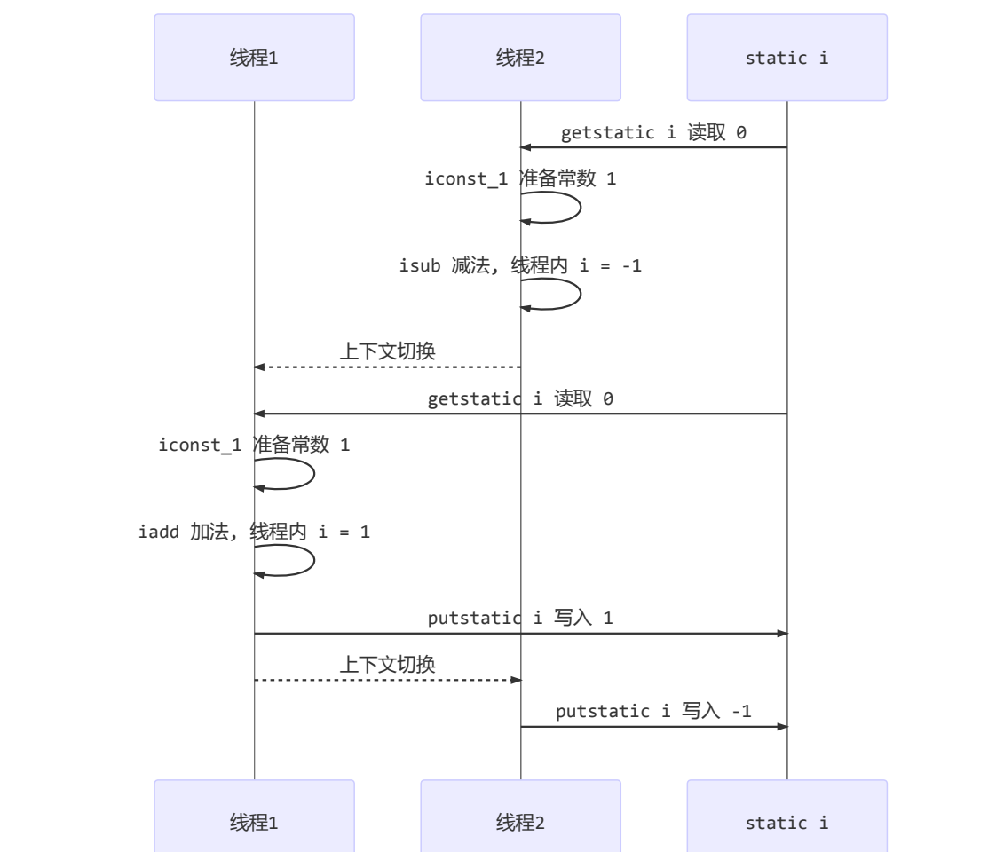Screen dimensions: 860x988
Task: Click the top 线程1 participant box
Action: [x=254, y=58]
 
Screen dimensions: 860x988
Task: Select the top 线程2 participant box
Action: [x=520, y=58]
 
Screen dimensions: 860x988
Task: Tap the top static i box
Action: [x=786, y=58]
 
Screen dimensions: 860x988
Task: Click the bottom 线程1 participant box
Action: [x=254, y=823]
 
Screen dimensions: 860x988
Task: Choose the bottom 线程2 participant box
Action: [x=520, y=823]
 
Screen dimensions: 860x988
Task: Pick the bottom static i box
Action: [x=786, y=823]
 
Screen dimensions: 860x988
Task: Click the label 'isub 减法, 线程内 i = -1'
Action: [x=520, y=265]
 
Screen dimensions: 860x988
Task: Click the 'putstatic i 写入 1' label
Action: [x=520, y=618]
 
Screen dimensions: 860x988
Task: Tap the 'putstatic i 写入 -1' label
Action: [x=653, y=711]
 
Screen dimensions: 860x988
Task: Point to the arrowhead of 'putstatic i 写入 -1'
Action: [x=782, y=727]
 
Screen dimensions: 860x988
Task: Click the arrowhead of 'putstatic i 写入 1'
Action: [x=782, y=634]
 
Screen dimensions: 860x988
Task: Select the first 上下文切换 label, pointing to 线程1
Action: [x=387, y=351]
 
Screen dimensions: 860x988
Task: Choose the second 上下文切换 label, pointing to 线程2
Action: [x=387, y=664]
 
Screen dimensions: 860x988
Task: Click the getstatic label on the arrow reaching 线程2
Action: [x=653, y=132]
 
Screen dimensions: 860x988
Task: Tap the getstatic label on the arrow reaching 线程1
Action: [x=520, y=398]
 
